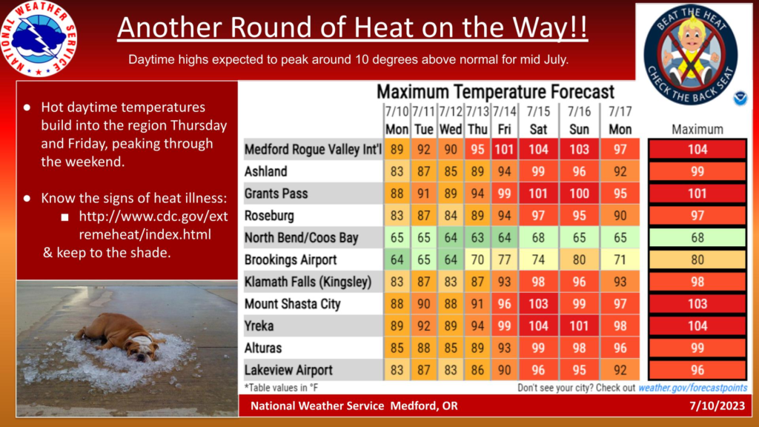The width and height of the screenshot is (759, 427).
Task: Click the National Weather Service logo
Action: coord(39,39)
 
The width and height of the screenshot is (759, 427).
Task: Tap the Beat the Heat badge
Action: coord(691,54)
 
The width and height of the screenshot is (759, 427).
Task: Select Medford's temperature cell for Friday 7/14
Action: coord(504,149)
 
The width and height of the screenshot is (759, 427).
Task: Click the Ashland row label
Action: coord(266,171)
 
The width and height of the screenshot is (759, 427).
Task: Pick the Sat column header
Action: coord(538,129)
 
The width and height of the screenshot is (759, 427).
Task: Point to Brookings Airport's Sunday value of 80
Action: coord(579,259)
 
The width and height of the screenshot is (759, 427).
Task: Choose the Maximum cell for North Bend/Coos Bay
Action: coord(697,238)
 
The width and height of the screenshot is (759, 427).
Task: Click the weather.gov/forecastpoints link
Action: coord(693,388)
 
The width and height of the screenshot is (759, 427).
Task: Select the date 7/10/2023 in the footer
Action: coord(717,406)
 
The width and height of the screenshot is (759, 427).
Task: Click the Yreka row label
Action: coord(259,326)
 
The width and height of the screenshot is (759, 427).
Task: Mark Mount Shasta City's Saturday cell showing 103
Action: coord(538,303)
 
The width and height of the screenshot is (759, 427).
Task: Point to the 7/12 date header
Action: coord(451,112)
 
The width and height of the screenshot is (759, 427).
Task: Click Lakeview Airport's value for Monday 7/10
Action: coord(397,370)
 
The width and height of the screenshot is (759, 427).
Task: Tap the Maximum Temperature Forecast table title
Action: coord(495,91)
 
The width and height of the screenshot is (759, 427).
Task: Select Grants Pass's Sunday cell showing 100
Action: coord(579,193)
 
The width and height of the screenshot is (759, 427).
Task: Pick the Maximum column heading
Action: coord(697,129)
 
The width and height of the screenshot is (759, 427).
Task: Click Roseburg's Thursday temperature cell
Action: coord(477,216)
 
